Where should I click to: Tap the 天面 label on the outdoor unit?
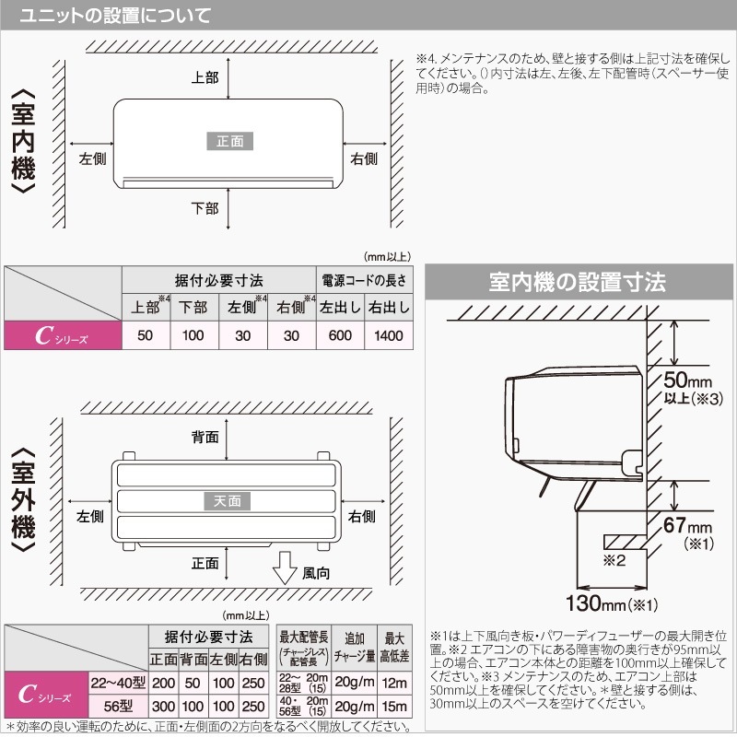[227, 500]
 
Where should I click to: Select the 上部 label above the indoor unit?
[205, 77]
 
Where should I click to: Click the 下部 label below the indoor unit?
[205, 208]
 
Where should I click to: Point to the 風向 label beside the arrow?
[316, 573]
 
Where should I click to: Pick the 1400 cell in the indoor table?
[388, 335]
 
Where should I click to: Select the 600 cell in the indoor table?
[339, 335]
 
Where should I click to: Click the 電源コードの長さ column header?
[363, 280]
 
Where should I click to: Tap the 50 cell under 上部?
[145, 335]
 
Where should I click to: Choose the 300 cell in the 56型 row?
[164, 706]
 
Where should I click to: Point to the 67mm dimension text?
[688, 526]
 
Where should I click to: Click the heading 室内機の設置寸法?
[578, 282]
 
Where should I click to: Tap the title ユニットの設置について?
[113, 16]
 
